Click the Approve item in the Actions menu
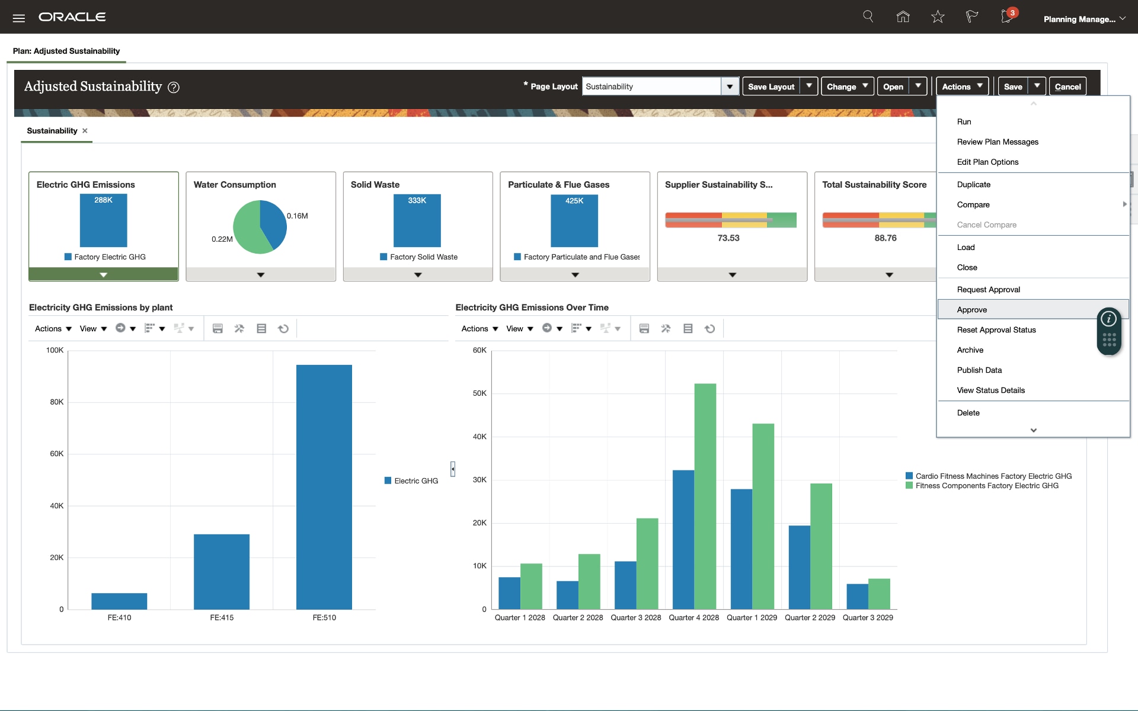tap(972, 310)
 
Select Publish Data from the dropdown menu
tap(979, 370)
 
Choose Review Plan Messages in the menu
tap(998, 142)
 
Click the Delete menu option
tap(968, 413)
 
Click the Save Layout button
tap(771, 87)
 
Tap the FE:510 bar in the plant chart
tap(324, 486)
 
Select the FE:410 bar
tap(119, 601)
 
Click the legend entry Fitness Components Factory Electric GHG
tap(986, 486)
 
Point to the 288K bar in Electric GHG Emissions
tap(103, 220)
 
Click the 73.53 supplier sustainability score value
tap(728, 238)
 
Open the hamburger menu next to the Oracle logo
tap(19, 18)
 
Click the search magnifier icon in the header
tap(868, 17)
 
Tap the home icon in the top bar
tap(903, 17)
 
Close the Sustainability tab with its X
tap(85, 131)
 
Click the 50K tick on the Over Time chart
tap(480, 393)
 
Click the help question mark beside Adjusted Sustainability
tap(173, 88)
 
